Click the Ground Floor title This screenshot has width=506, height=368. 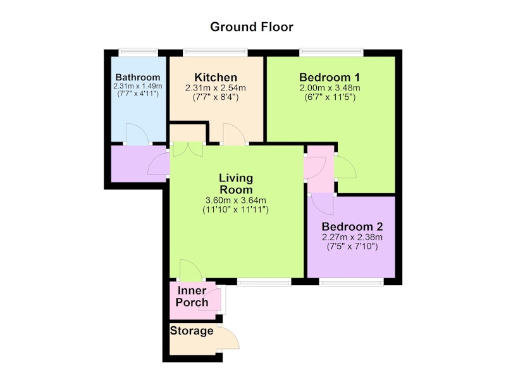tap(251, 27)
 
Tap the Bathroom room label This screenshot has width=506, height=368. tap(138, 77)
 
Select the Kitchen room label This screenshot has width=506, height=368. tap(216, 77)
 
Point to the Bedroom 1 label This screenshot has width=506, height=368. tap(330, 77)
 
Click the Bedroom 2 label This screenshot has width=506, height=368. tap(352, 226)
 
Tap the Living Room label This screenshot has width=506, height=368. tap(236, 184)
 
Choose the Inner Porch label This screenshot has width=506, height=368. tap(192, 297)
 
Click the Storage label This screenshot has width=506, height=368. tap(192, 331)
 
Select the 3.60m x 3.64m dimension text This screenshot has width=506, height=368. tap(235, 200)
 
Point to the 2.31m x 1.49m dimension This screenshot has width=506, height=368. tap(138, 87)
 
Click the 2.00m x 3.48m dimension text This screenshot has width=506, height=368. tap(330, 88)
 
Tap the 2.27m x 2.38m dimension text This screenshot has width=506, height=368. tap(352, 237)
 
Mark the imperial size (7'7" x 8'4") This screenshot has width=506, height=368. tap(216, 97)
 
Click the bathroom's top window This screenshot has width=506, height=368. tap(138, 52)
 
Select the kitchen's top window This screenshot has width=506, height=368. tap(215, 52)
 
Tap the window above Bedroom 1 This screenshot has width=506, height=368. tap(331, 52)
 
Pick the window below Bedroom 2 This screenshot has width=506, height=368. tap(351, 282)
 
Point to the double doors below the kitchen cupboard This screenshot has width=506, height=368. tap(188, 149)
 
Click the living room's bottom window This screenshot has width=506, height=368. tap(264, 282)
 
